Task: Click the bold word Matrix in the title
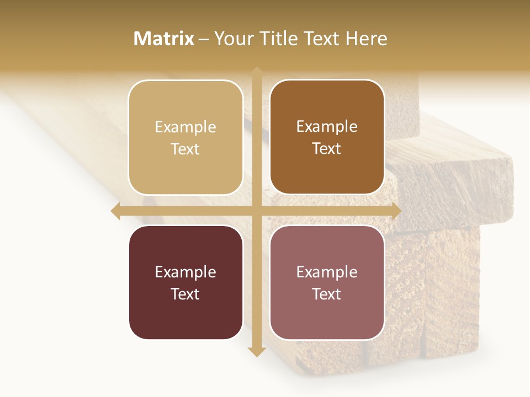point(164,39)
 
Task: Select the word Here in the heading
point(366,39)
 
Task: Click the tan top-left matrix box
point(185,137)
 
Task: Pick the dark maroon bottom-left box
point(185,282)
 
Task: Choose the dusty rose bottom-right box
point(327,282)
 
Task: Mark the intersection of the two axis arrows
point(256,211)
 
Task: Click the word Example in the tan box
point(185,127)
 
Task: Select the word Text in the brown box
point(327,148)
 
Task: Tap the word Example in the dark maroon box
point(185,272)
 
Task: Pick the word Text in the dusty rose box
point(327,294)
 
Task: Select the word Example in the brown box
point(327,126)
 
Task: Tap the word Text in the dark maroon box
point(185,294)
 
